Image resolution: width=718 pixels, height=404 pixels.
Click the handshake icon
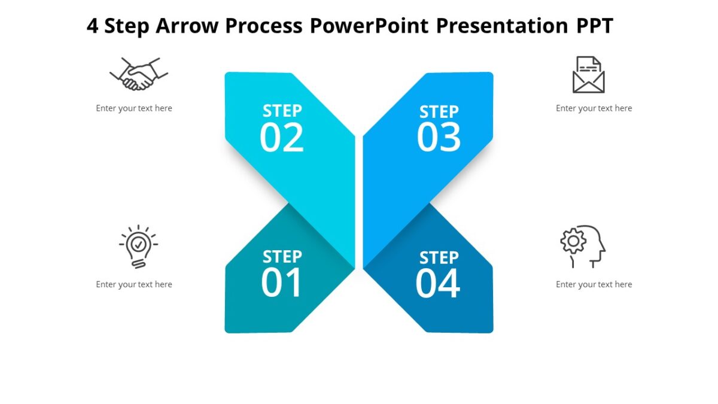(139, 74)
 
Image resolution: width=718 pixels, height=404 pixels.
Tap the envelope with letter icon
(588, 75)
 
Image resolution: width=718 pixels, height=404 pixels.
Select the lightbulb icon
(138, 246)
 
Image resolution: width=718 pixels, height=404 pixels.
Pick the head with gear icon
(583, 246)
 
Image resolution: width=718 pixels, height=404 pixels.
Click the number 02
(282, 138)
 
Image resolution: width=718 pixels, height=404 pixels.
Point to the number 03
(439, 138)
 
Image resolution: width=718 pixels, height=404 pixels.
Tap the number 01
(282, 283)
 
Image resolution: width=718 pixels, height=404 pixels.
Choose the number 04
(438, 284)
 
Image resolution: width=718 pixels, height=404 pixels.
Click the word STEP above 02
(282, 111)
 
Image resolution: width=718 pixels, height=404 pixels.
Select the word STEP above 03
(439, 112)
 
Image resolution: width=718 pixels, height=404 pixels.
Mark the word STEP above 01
(282, 257)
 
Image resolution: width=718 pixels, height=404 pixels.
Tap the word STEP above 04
(439, 258)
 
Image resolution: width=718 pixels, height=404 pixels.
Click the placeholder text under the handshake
(134, 108)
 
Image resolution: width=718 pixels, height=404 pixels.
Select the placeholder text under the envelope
(594, 108)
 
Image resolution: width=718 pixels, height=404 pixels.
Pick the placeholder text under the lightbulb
(134, 284)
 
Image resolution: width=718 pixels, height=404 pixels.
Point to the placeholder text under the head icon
(594, 284)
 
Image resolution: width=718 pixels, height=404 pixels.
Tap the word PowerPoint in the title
(369, 26)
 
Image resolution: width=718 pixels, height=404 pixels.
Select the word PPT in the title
(594, 26)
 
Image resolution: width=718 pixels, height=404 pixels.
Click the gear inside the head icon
(573, 241)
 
